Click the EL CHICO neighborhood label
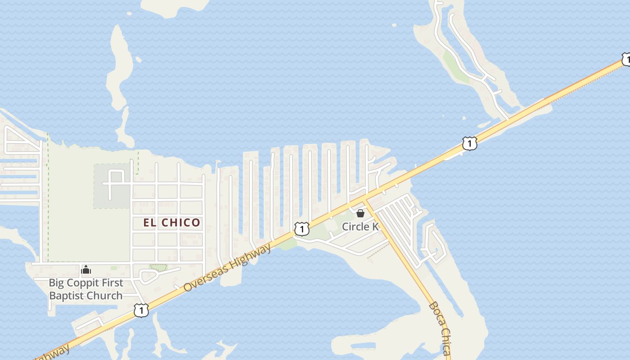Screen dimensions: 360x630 click(x=171, y=222)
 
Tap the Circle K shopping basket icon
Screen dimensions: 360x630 click(x=360, y=213)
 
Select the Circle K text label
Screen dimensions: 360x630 click(x=360, y=226)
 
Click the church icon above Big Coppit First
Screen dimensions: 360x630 click(x=85, y=270)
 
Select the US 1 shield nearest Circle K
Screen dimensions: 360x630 click(x=301, y=229)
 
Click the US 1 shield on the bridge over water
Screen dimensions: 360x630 click(x=469, y=144)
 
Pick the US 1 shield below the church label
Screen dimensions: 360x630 click(x=141, y=310)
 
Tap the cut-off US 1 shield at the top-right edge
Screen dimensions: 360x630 click(x=626, y=59)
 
